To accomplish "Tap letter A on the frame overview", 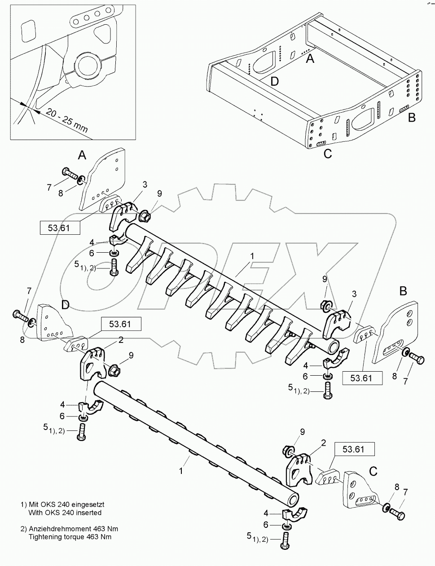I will click(310, 58).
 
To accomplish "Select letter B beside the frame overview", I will click(411, 118).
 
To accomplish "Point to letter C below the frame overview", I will click(328, 154).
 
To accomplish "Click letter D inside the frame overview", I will click(274, 81).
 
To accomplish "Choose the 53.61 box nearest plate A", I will click(61, 228).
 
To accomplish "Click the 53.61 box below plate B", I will click(361, 378).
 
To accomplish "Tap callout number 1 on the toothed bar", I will click(252, 256).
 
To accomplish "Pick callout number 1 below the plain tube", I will click(181, 471).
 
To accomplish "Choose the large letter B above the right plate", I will click(403, 291).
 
